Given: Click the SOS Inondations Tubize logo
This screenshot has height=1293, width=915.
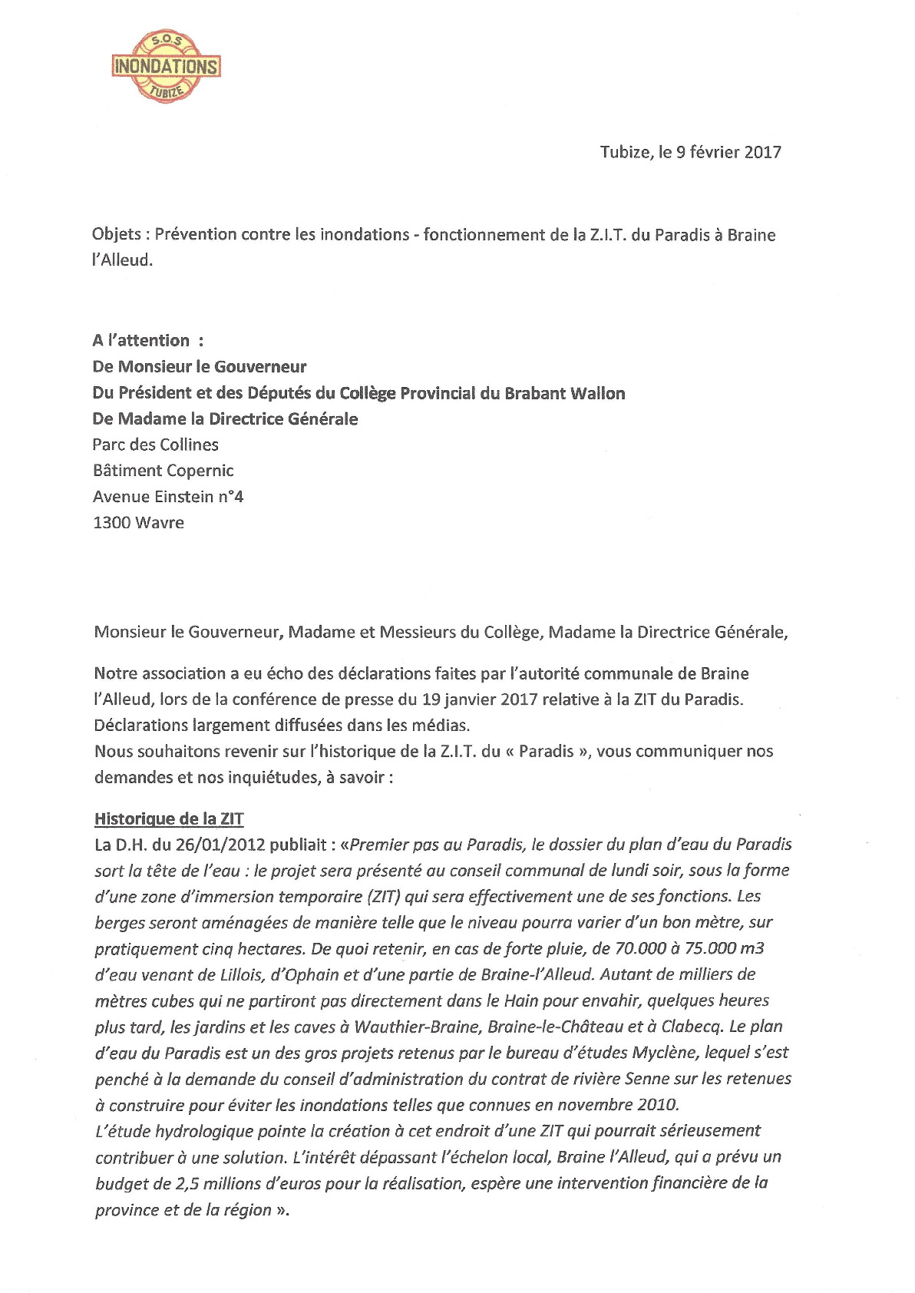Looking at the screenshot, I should click(166, 66).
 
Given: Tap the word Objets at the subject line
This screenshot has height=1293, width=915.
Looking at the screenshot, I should click(116, 234).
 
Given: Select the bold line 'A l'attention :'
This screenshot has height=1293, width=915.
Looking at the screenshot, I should click(148, 340).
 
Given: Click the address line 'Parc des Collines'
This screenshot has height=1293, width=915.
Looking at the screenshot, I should click(155, 445).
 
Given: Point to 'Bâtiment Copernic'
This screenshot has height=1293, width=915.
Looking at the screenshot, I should click(163, 471).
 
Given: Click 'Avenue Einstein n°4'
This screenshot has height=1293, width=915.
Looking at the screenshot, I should click(168, 497).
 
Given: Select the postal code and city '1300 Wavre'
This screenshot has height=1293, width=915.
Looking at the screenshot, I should click(138, 523).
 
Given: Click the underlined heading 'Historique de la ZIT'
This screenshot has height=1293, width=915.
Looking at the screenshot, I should click(169, 818).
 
